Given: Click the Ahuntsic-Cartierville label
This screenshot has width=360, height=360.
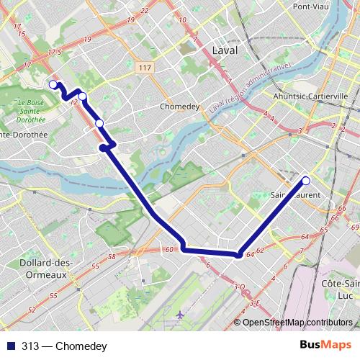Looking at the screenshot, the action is [x=310, y=96].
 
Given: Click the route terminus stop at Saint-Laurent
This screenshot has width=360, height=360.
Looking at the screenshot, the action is [x=306, y=181].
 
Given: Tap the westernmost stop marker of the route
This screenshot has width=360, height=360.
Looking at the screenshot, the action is [x=53, y=85].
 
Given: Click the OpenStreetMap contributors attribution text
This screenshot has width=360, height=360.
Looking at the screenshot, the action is [x=297, y=323].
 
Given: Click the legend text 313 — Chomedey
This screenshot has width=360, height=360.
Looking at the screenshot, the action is [x=64, y=347].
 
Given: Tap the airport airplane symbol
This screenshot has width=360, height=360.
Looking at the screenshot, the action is [x=179, y=315].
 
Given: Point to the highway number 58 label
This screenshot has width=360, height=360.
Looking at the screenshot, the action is [x=111, y=256].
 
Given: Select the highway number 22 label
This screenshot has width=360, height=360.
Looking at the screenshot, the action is [x=145, y=11].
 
